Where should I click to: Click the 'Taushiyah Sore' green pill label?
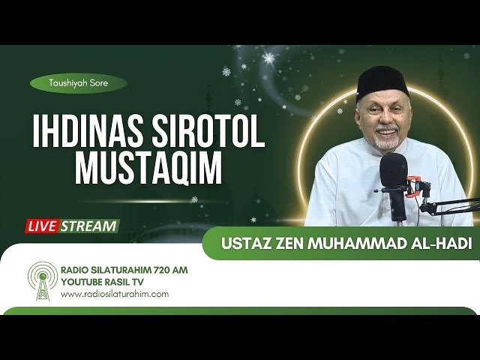click(78, 84)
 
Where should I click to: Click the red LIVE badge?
click(44, 226)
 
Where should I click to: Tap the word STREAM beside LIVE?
click(89, 226)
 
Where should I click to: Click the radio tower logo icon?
click(43, 280)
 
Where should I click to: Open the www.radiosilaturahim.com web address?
click(114, 294)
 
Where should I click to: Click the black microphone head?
click(394, 172)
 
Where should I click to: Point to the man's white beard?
click(386, 141)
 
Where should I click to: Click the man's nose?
click(384, 120)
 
